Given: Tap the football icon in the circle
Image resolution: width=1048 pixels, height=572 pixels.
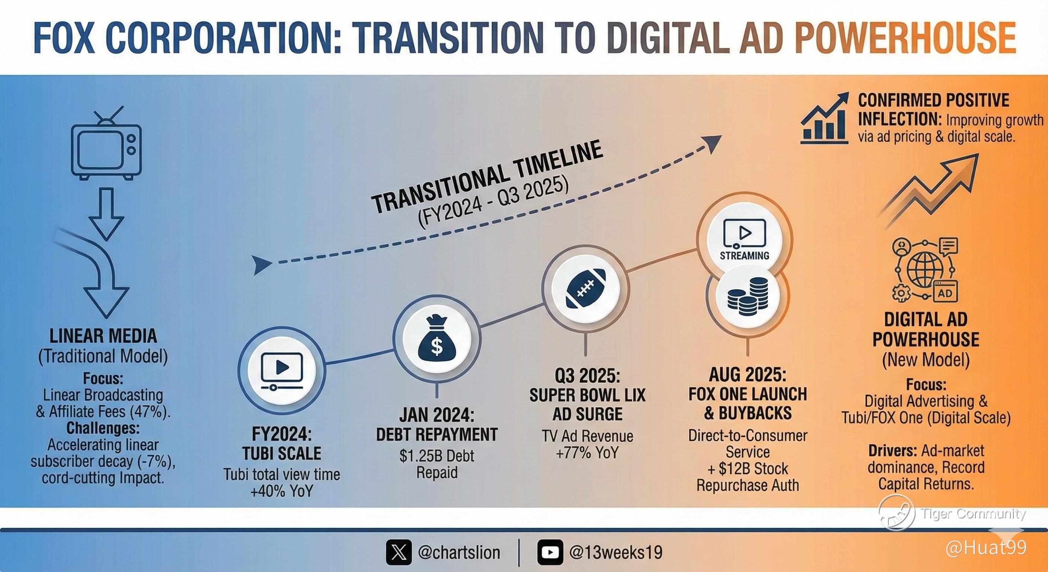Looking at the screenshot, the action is (586, 288).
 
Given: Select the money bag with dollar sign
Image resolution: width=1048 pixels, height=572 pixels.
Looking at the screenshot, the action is (437, 339).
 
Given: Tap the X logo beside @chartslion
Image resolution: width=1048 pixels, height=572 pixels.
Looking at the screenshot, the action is (399, 553).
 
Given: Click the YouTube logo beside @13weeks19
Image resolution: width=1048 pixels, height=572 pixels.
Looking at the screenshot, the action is (550, 553).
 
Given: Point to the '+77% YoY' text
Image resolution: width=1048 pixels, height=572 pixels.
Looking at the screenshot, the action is (588, 453).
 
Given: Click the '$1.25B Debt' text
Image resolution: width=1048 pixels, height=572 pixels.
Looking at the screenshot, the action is (437, 456).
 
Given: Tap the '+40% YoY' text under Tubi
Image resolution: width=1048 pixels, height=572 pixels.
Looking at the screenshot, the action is (281, 492).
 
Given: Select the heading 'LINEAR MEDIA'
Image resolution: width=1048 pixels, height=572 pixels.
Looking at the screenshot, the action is (103, 336).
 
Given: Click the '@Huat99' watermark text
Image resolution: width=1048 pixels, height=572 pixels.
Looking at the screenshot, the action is (986, 548).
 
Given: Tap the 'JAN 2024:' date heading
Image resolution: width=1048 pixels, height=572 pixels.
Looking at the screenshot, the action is (437, 416).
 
